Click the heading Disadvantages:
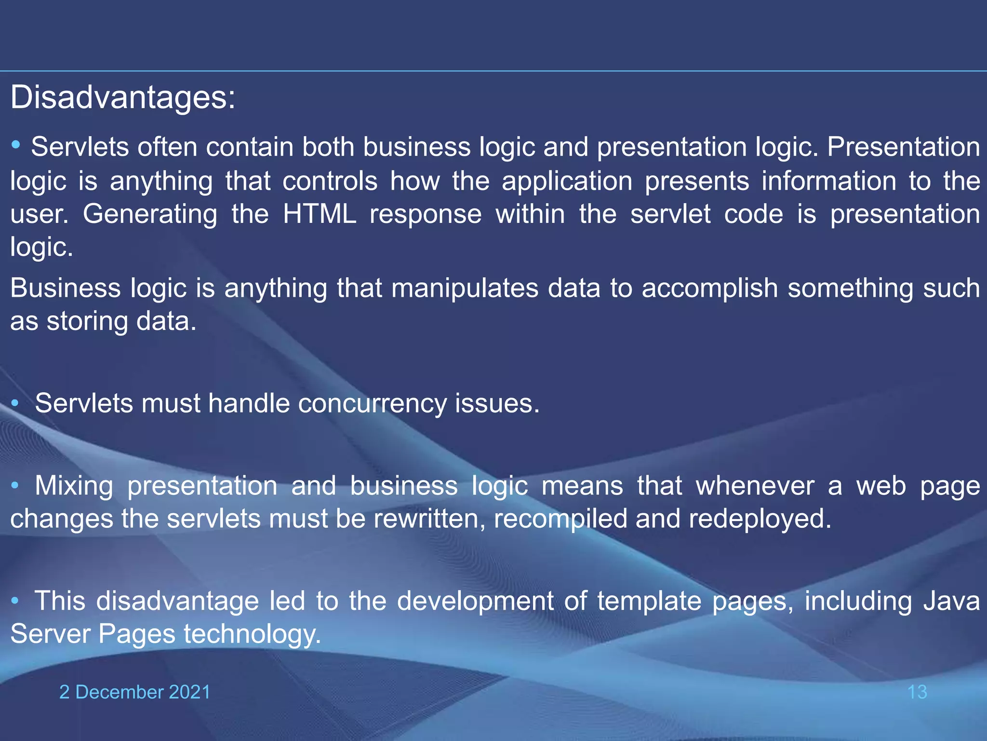(x=123, y=97)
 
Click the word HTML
(x=320, y=214)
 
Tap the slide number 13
(x=917, y=692)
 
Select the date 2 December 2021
(x=135, y=692)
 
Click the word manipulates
(x=465, y=288)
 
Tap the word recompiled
(x=560, y=519)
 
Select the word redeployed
(x=760, y=519)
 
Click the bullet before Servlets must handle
(x=15, y=403)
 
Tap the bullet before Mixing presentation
(x=15, y=485)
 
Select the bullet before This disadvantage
(x=15, y=601)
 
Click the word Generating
(x=150, y=215)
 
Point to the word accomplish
(x=709, y=288)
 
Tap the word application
(x=567, y=182)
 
